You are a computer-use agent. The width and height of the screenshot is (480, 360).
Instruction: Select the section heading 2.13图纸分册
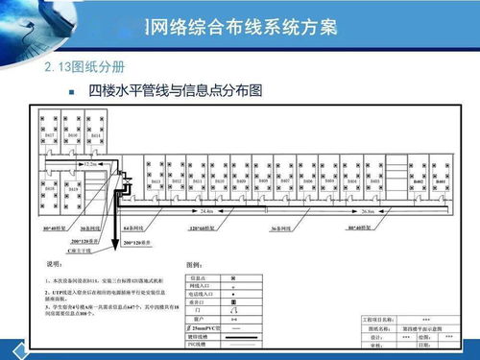(x=84, y=68)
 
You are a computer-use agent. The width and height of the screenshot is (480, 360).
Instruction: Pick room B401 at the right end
(x=439, y=180)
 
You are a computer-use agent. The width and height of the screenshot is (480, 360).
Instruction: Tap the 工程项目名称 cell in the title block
(x=377, y=318)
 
